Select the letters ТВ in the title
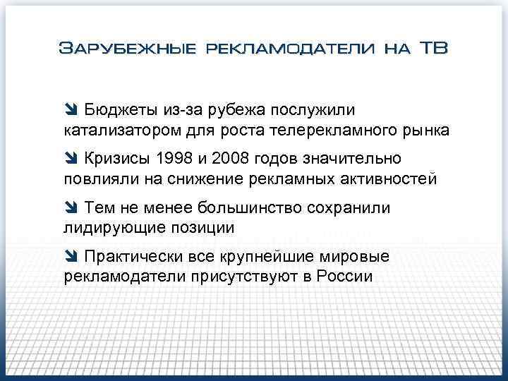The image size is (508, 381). click(433, 49)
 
